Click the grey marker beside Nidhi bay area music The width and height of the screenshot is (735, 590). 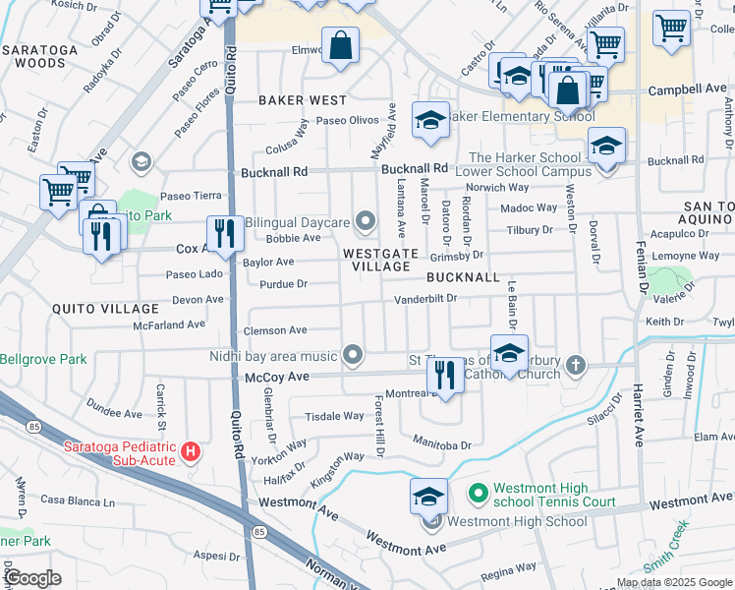click(x=353, y=355)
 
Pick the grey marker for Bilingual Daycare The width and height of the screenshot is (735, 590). click(x=367, y=222)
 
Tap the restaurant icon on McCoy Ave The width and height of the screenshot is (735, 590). click(x=445, y=377)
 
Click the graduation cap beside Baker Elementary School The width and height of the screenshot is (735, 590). click(x=429, y=120)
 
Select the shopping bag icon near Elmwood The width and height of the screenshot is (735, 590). click(x=340, y=46)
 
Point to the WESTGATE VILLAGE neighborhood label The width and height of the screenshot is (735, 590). click(x=376, y=260)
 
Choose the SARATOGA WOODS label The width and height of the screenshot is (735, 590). click(x=39, y=55)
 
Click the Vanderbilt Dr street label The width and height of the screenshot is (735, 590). click(x=426, y=298)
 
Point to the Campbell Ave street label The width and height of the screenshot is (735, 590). click(x=687, y=89)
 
